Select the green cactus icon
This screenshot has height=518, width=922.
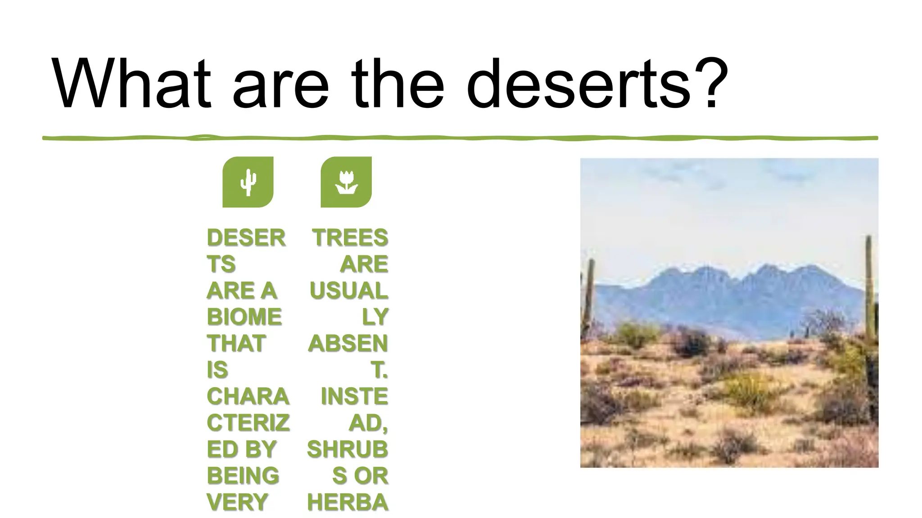248,182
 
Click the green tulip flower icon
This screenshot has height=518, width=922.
346,182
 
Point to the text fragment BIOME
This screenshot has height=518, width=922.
244,317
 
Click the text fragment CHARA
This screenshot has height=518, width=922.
248,397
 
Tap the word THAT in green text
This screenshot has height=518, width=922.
236,344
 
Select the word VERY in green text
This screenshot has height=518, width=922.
237,502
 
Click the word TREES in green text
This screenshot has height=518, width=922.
350,238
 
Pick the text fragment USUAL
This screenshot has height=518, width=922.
348,290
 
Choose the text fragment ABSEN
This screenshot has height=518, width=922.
348,344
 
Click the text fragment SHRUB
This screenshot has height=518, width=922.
347,449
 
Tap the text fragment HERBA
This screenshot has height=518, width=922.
347,502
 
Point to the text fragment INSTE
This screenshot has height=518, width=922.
354,397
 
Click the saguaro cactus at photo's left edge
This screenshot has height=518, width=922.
588,297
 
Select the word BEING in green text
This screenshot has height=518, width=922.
243,476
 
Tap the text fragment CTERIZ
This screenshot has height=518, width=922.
248,423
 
